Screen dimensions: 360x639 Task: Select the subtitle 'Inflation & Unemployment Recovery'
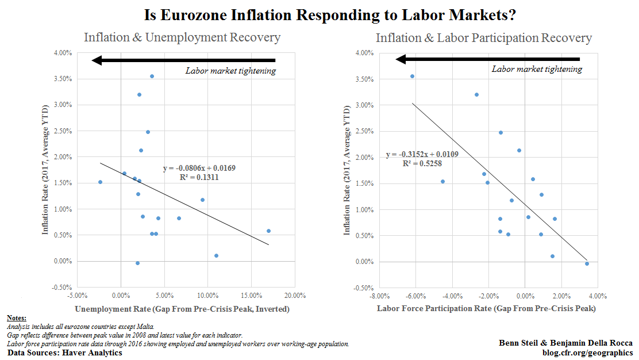point(182,38)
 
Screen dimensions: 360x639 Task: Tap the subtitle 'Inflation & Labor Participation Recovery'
point(483,39)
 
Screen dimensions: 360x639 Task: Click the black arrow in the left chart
point(184,60)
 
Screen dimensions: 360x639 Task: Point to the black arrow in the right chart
point(488,59)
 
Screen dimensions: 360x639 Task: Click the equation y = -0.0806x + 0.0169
point(199,168)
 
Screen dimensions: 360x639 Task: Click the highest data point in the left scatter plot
point(152,76)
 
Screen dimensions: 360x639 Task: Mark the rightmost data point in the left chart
point(268,231)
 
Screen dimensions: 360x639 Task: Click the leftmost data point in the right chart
point(412,76)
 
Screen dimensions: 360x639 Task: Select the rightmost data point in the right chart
point(587,263)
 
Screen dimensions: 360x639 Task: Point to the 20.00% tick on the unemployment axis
point(295,296)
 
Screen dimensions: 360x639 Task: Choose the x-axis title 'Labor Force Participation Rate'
point(486,309)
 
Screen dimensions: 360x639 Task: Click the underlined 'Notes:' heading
point(17,318)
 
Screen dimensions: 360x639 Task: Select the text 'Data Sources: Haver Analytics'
point(65,352)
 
